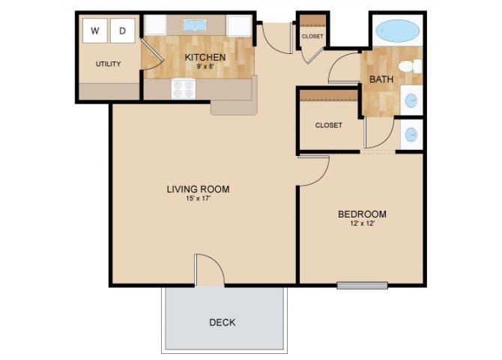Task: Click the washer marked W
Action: coord(95,31)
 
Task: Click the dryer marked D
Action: coord(122,31)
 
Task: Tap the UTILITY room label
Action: coord(108,64)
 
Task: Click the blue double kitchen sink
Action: coord(196,25)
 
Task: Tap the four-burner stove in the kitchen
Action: coord(184,89)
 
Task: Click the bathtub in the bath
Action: coord(397,31)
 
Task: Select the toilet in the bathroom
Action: coord(409,67)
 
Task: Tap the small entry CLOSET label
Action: coord(312,37)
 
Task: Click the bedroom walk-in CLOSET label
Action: coord(328,125)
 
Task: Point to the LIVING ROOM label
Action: coord(198,189)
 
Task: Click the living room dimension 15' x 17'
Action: coord(198,199)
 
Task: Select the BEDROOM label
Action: coord(362,214)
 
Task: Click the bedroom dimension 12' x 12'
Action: coord(362,224)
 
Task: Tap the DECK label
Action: coord(223,322)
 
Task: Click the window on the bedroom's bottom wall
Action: coord(362,285)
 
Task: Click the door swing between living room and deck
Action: coord(209,269)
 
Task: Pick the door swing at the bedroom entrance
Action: coord(314,171)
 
